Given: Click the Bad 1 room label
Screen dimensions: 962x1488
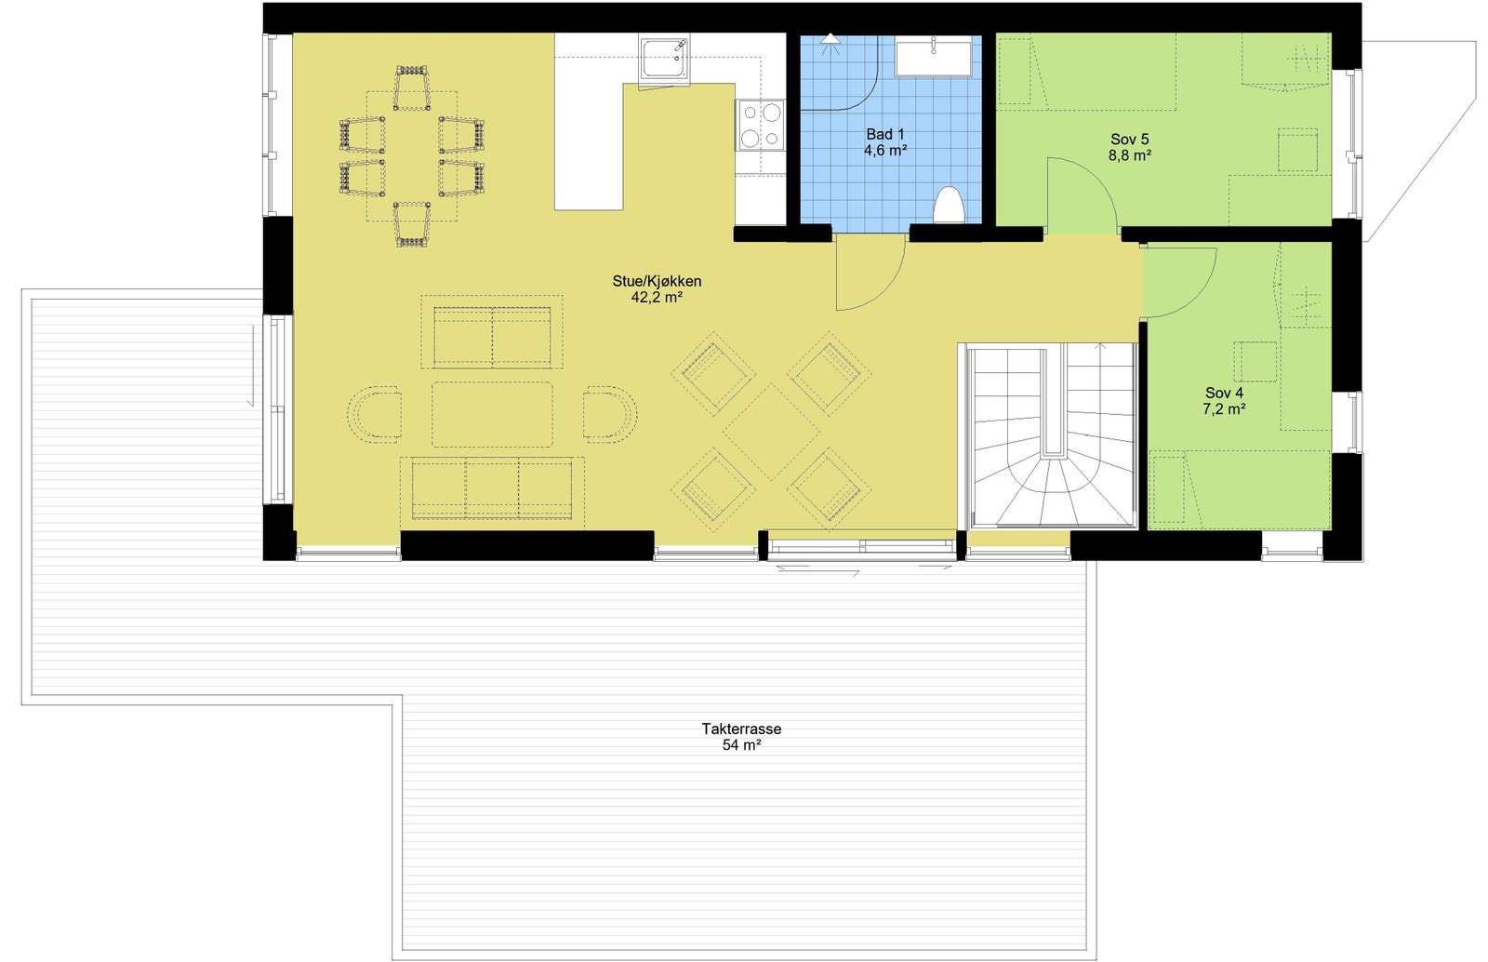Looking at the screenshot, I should (x=884, y=134).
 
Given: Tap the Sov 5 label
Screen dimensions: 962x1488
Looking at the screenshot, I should (x=1129, y=140).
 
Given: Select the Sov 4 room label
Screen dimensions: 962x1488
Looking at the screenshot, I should (x=1224, y=393).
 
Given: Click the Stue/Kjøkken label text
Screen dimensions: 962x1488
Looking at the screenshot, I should (x=657, y=281).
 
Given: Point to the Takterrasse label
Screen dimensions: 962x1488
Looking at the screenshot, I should (x=741, y=728).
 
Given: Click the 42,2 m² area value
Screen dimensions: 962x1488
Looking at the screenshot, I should (x=657, y=298).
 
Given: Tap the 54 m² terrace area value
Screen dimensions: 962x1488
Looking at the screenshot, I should (x=741, y=745).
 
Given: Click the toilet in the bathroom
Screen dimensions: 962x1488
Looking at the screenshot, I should (x=948, y=206).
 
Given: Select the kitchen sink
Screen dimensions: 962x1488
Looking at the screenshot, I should (x=665, y=58).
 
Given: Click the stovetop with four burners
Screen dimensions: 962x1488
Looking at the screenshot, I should (x=761, y=125).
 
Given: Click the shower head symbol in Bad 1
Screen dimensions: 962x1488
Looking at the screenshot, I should (x=830, y=42).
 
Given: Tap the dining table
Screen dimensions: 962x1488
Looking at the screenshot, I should (x=411, y=155).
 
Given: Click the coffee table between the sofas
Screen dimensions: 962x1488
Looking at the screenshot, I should (x=492, y=414).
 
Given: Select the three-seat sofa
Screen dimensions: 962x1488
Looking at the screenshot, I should (x=492, y=488).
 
